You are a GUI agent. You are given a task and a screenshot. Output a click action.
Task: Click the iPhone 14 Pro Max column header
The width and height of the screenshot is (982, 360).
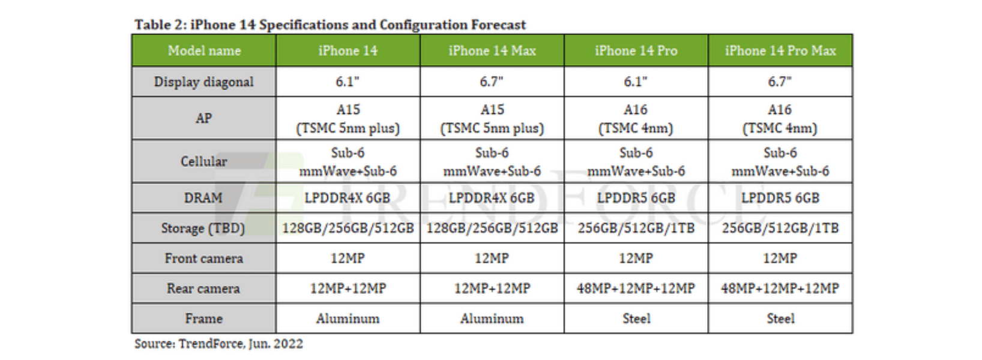coord(780,51)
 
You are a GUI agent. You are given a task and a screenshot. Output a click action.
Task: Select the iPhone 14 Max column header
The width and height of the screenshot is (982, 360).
coord(492,51)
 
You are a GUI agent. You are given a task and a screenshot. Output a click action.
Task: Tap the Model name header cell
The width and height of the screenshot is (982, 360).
coord(204,51)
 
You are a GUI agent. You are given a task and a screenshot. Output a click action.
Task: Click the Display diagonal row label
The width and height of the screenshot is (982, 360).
coord(204,82)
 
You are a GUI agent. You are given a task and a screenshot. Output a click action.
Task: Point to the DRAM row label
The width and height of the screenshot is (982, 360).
coord(204,198)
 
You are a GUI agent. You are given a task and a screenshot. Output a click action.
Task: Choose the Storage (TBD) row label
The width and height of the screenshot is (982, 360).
coord(204,228)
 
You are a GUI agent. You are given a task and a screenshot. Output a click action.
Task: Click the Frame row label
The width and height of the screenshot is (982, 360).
coord(204,319)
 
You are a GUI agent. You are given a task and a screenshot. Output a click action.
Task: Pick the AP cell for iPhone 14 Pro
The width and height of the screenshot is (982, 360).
coord(636,119)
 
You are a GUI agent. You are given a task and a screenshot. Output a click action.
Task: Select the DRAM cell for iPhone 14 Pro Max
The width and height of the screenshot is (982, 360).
coord(780,198)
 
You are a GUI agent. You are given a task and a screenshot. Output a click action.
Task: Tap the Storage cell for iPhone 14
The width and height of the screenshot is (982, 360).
coord(348,228)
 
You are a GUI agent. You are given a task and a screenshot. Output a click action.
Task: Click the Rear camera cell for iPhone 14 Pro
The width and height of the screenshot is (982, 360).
coord(636,289)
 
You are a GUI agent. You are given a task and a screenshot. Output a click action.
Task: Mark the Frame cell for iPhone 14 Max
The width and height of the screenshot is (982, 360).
coord(492,319)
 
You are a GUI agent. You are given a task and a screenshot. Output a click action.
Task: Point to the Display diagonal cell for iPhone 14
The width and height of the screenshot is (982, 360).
coord(348,82)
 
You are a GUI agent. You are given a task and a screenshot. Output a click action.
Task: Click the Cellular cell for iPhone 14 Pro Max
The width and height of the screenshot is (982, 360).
coord(780,162)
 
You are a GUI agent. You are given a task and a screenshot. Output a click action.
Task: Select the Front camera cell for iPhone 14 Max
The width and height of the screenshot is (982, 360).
coord(492,259)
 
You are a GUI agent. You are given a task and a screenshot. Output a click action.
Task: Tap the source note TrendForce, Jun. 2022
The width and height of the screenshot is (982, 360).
coord(218,344)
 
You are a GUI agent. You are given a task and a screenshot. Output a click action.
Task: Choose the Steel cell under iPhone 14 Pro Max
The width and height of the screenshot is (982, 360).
coord(780,319)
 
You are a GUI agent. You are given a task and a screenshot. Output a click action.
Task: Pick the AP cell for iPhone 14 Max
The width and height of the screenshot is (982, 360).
coord(492,119)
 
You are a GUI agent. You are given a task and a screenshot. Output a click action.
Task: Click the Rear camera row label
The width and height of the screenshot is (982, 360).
coord(204,289)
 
